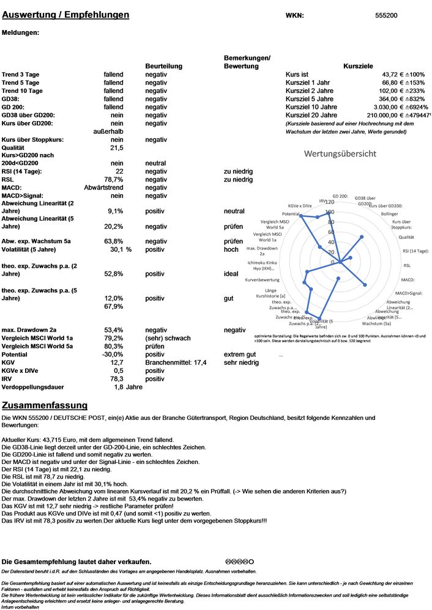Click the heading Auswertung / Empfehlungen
tap(65, 15)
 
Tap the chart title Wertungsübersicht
tap(340, 153)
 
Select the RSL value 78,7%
tap(112, 180)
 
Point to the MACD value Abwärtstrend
tap(103, 188)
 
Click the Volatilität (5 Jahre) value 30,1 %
tap(121, 249)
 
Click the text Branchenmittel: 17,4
tap(176, 362)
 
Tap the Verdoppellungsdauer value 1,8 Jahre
tap(128, 387)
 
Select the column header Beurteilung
tap(163, 66)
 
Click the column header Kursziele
tap(359, 66)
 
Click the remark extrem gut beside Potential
tap(240, 355)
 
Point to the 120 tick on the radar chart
tap(330, 202)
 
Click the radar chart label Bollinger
tap(389, 214)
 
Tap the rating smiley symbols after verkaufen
tap(240, 561)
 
